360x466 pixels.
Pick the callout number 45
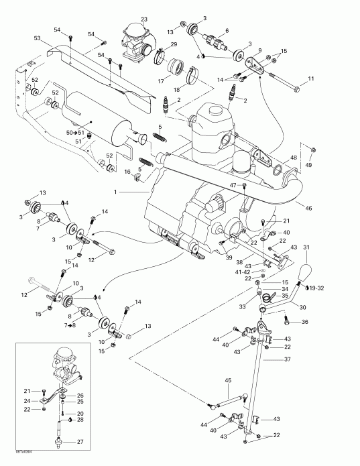click(227, 381)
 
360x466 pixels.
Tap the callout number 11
click(310, 80)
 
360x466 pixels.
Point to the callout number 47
click(235, 185)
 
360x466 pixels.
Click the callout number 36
click(305, 322)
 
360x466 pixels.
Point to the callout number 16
click(127, 172)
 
